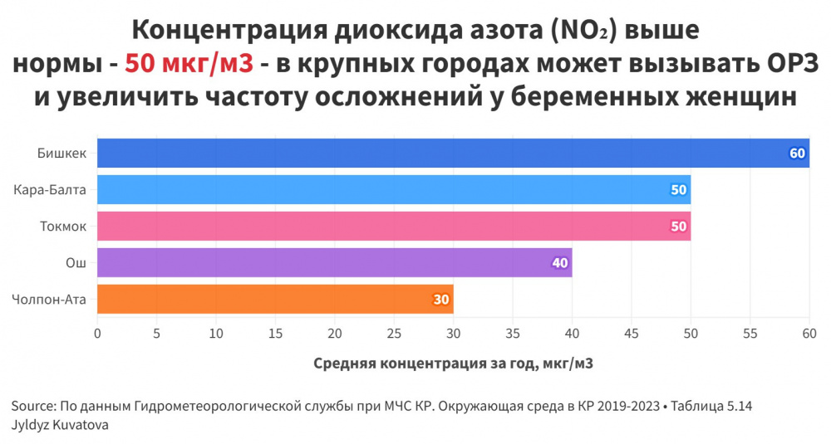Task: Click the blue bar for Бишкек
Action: [x=453, y=154]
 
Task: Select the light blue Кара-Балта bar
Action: [x=394, y=190]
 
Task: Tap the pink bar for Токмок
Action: [x=394, y=227]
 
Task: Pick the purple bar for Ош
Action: [x=334, y=263]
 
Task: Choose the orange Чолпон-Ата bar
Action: [x=275, y=300]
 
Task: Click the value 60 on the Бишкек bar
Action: [x=798, y=154]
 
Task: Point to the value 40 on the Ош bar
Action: [x=560, y=263]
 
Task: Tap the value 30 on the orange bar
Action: [x=441, y=300]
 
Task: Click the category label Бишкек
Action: [x=62, y=154]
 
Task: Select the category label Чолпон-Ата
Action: [x=50, y=300]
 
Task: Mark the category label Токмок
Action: [x=63, y=227]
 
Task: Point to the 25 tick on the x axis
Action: [x=394, y=334]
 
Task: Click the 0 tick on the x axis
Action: [x=98, y=334]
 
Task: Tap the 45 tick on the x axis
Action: [x=632, y=334]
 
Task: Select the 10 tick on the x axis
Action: [x=216, y=334]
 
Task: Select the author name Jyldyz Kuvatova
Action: [x=61, y=424]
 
